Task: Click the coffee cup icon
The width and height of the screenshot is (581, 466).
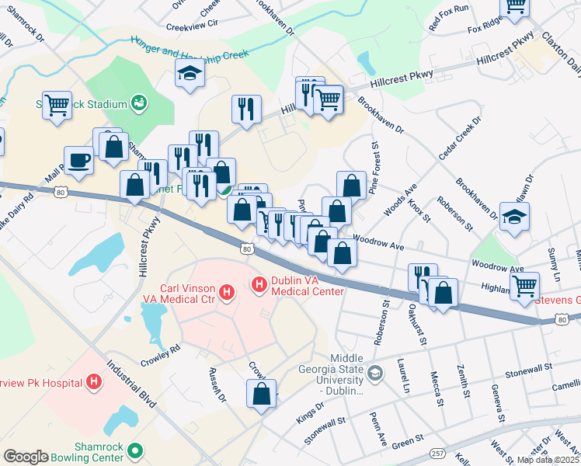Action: [x=78, y=160]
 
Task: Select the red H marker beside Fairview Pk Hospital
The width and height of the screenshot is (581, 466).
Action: [x=94, y=381]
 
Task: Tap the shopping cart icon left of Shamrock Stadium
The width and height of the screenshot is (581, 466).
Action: [x=57, y=105]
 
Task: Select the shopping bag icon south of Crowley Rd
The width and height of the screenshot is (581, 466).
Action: [x=262, y=393]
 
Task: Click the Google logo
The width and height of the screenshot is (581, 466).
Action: [x=26, y=457]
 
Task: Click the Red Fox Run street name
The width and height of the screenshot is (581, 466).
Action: [x=449, y=19]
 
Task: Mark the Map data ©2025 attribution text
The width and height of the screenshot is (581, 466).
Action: [x=548, y=460]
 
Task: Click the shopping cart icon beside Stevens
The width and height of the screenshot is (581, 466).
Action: [x=525, y=286]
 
